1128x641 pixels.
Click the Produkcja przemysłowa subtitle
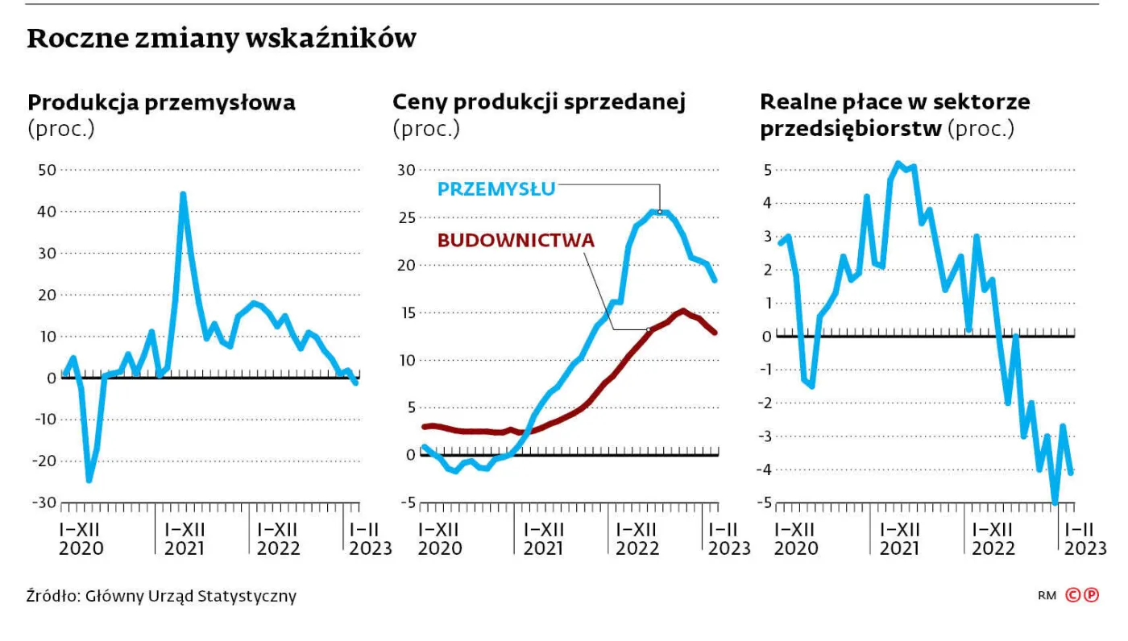(161, 103)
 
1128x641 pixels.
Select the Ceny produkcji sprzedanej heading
(538, 103)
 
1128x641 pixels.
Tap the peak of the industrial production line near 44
(183, 194)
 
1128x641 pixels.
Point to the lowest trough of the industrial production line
(89, 480)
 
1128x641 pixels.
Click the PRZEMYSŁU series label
(496, 189)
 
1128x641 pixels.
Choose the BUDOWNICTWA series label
(516, 239)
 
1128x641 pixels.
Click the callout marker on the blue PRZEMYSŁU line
(660, 212)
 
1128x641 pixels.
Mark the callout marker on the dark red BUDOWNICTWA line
(649, 329)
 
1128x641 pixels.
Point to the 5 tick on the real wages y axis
(768, 171)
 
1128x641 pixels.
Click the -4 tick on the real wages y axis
(765, 469)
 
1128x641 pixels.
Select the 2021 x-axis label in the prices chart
(543, 548)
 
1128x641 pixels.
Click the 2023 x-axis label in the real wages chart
(1084, 548)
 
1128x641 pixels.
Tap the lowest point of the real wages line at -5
(1054, 502)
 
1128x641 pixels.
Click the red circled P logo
(1092, 596)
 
